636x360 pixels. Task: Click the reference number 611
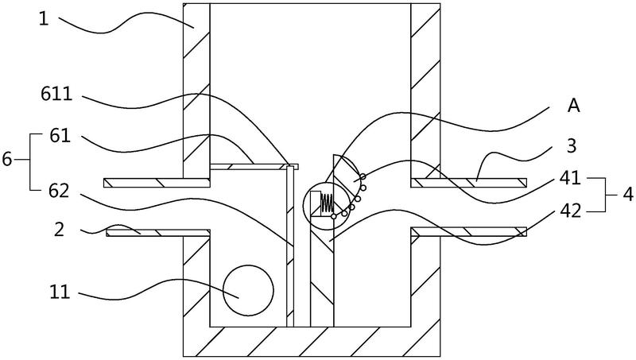click(x=56, y=95)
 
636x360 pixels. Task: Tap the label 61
click(x=60, y=136)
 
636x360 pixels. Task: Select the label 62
click(x=59, y=191)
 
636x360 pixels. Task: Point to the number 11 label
click(x=60, y=292)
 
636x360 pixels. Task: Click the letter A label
click(x=573, y=106)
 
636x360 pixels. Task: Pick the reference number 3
click(x=572, y=146)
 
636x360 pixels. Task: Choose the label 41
click(x=570, y=177)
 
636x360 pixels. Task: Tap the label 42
click(x=570, y=211)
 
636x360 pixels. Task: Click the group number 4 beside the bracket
click(x=627, y=195)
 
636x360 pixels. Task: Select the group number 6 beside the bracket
click(x=7, y=159)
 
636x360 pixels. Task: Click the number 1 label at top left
click(x=44, y=19)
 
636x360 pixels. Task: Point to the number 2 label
click(x=59, y=230)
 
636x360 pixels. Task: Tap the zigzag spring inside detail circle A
click(x=328, y=203)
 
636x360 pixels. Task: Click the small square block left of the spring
click(x=316, y=202)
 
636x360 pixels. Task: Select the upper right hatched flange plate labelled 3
click(x=469, y=183)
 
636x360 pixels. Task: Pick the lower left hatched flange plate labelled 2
click(x=158, y=232)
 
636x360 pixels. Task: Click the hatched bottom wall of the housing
click(x=312, y=342)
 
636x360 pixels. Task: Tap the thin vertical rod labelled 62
click(x=290, y=246)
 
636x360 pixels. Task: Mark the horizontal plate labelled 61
click(x=254, y=167)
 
